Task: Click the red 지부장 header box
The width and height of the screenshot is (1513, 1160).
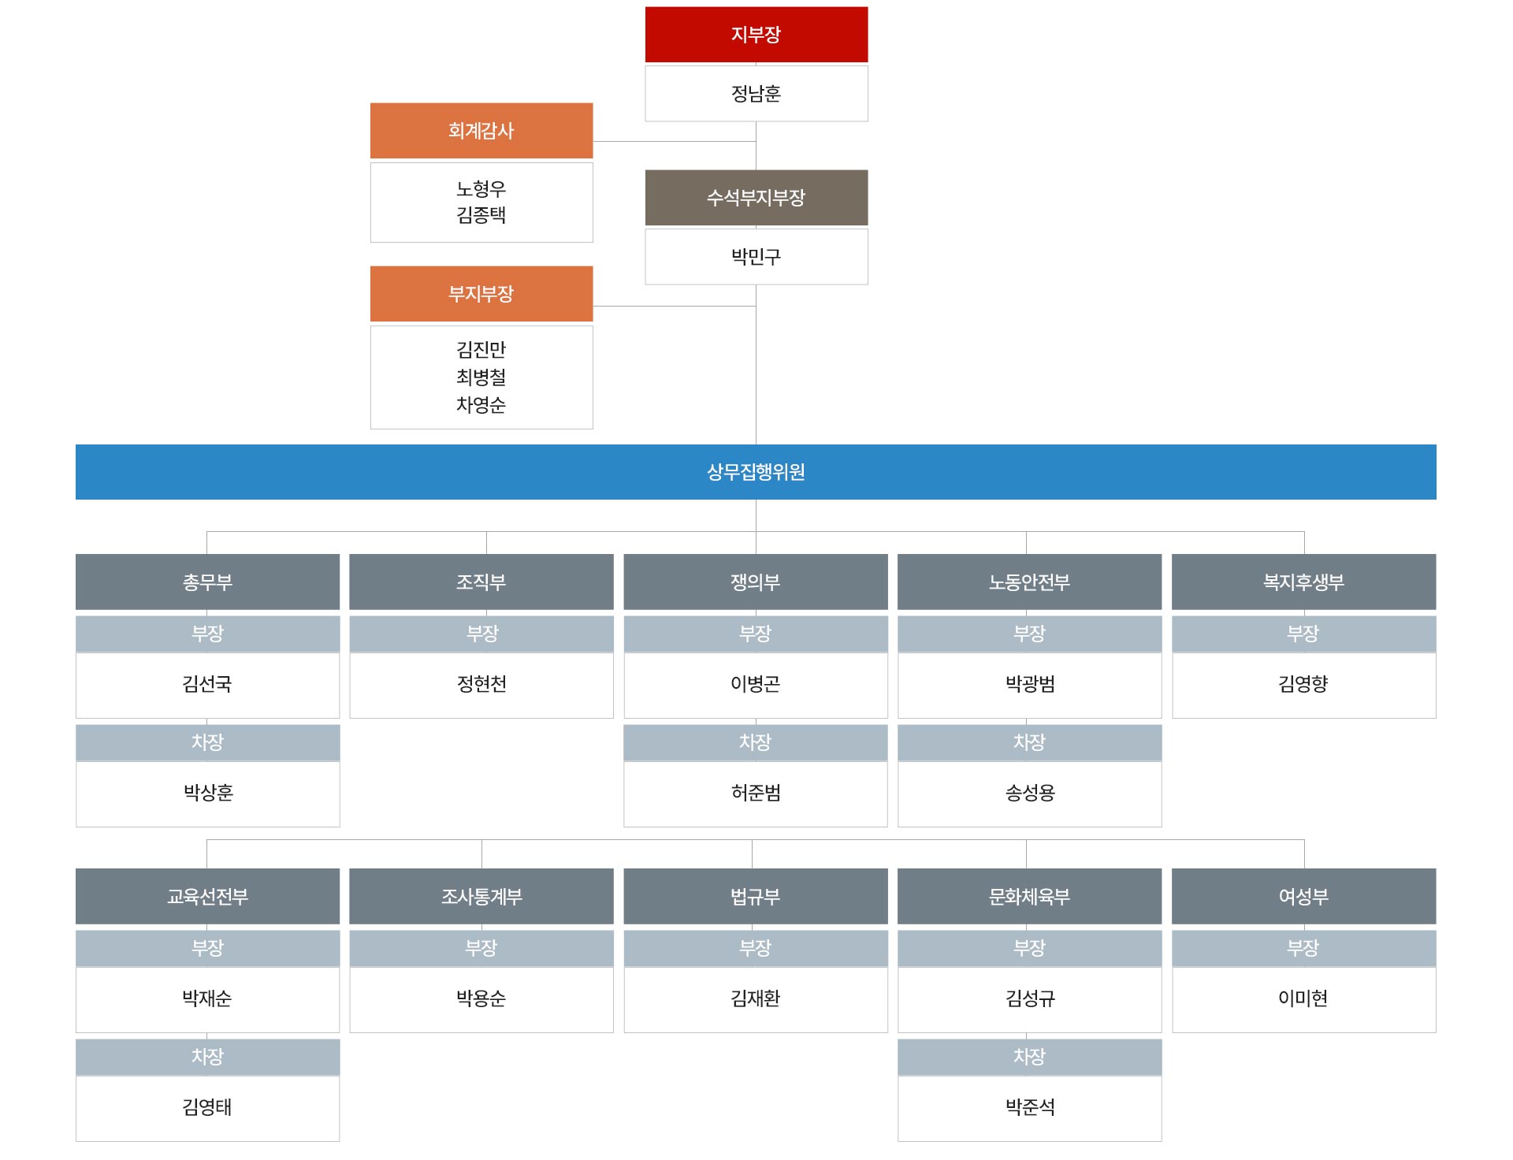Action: (756, 35)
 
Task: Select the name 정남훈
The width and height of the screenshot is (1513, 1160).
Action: (756, 94)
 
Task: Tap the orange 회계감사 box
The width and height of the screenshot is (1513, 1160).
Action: (481, 131)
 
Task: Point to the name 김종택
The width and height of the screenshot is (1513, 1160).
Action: (481, 215)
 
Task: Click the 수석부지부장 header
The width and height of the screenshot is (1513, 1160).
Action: (756, 198)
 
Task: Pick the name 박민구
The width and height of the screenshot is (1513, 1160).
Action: (756, 257)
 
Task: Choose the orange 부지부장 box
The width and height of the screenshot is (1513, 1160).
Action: (481, 294)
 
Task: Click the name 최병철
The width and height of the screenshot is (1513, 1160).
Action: (481, 377)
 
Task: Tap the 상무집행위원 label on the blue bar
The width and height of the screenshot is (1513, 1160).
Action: (756, 472)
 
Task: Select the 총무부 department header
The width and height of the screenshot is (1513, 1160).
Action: (207, 582)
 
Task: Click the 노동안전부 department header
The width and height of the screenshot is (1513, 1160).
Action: (1029, 582)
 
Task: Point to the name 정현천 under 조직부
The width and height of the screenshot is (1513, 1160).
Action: (481, 684)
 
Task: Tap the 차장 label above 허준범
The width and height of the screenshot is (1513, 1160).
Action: (755, 742)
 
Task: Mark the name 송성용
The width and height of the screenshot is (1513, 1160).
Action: (1029, 793)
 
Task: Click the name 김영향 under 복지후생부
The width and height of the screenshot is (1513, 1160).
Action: (1303, 684)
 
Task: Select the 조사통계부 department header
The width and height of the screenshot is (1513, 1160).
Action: (481, 897)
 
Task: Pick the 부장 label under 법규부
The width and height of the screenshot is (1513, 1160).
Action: (755, 948)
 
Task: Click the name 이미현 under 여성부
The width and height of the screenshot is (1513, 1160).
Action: (1303, 998)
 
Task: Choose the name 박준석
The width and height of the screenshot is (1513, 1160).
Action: (1029, 1107)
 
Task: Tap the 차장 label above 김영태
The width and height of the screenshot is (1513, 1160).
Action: (207, 1057)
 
